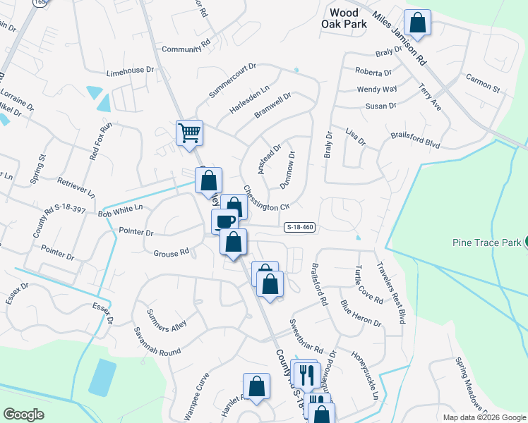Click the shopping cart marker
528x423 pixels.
coord(189,132)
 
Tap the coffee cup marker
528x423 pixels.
coord(225,221)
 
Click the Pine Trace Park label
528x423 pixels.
coord(486,243)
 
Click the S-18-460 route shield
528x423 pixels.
coord(300,227)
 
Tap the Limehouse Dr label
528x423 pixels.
coord(129,70)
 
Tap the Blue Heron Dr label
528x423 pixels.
coord(360,313)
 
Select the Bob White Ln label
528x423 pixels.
coord(120,210)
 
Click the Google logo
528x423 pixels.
coord(24,415)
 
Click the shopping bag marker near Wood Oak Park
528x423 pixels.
coord(417,23)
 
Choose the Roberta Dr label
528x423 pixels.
coord(373,73)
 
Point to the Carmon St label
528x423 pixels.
coord(482,85)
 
